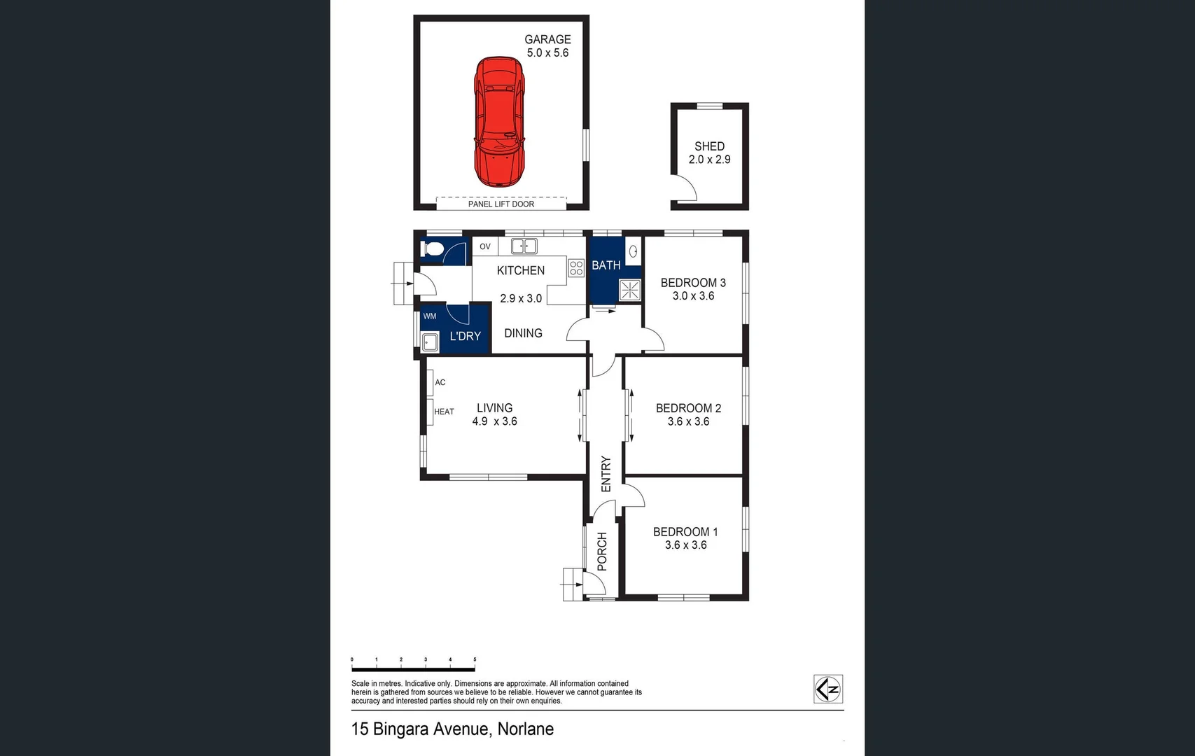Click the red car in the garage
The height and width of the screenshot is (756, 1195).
(x=499, y=122)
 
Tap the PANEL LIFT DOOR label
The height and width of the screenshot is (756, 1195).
(x=501, y=204)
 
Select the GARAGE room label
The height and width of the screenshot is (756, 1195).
(x=547, y=40)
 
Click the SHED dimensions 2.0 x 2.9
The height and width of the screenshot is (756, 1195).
(x=709, y=160)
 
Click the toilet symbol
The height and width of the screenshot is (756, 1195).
(x=432, y=248)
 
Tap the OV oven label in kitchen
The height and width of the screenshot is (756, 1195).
(x=485, y=246)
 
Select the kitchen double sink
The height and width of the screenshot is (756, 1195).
(x=524, y=246)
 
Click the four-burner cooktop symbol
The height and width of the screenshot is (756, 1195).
(x=576, y=267)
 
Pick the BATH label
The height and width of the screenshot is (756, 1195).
(x=606, y=265)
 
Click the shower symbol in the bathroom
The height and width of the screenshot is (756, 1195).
(x=630, y=290)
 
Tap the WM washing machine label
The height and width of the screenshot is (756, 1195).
(x=430, y=316)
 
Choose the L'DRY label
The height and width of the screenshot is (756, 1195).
(x=465, y=337)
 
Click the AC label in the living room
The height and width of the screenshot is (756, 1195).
(x=440, y=382)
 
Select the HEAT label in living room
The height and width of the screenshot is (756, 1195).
(x=444, y=412)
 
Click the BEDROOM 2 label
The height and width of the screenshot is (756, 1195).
(x=688, y=408)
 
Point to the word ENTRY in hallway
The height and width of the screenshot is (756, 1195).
(x=606, y=474)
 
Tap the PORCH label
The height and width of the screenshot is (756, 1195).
(x=602, y=552)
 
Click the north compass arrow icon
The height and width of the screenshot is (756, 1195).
(x=828, y=689)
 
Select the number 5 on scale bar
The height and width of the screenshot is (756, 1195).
(x=475, y=659)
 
